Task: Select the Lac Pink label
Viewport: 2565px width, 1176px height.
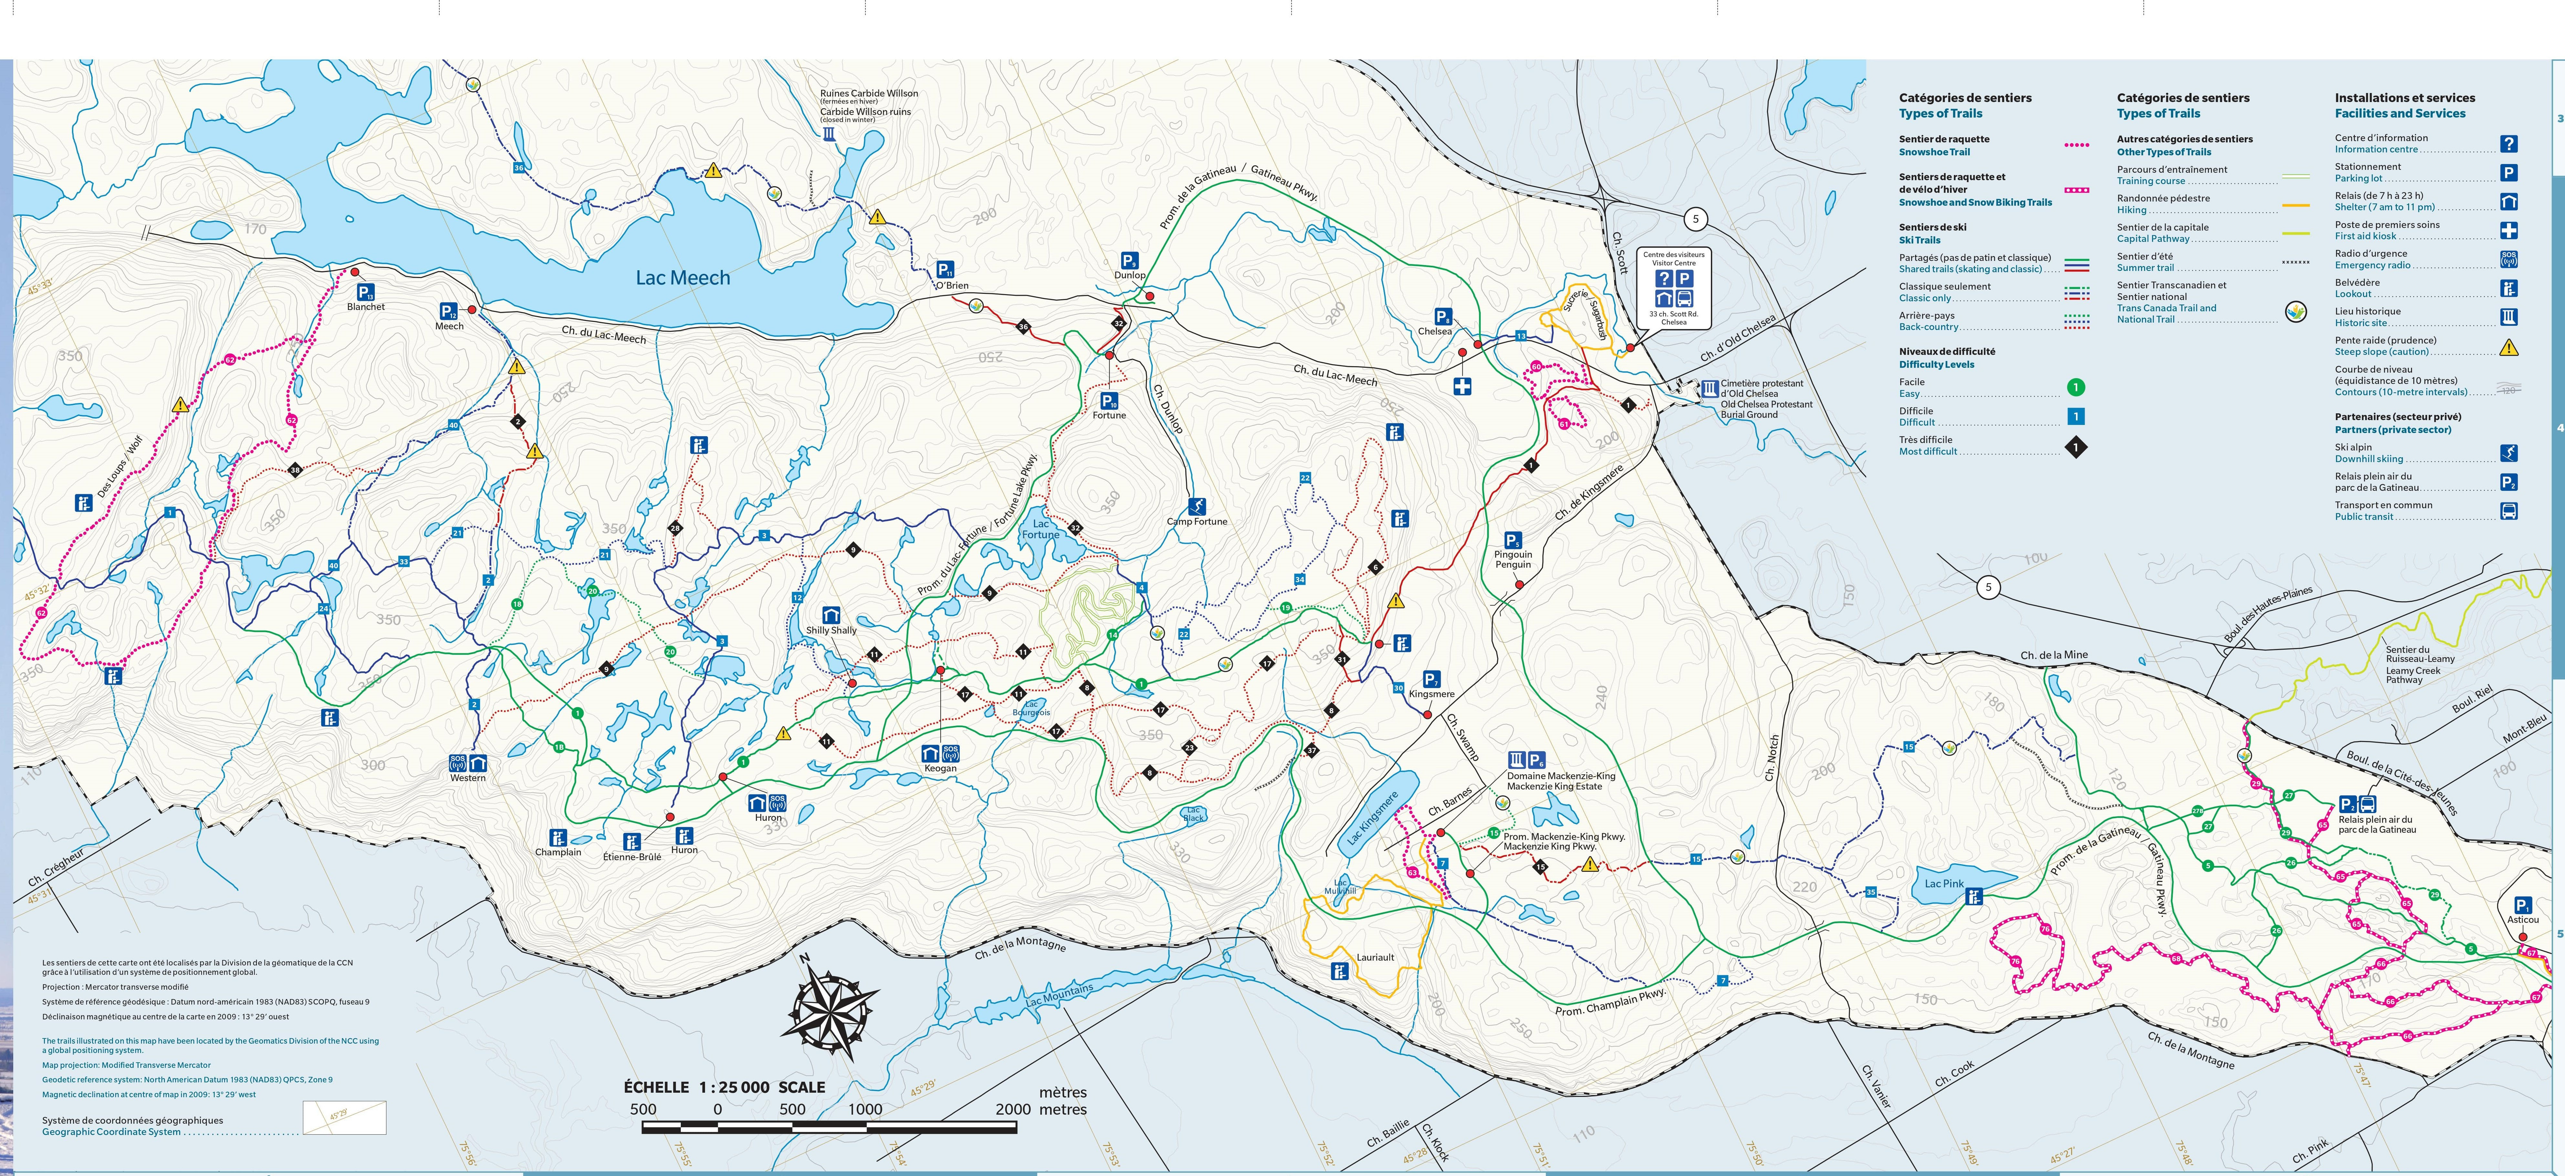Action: pyautogui.click(x=1944, y=883)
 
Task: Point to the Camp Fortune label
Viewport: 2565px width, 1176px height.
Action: pyautogui.click(x=1197, y=521)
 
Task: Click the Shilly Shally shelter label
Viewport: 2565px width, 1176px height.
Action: pyautogui.click(x=832, y=630)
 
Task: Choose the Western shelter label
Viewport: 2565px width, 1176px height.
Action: pyautogui.click(x=468, y=778)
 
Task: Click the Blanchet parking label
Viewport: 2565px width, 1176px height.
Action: pyautogui.click(x=365, y=307)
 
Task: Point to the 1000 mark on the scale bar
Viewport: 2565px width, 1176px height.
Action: pyautogui.click(x=865, y=1109)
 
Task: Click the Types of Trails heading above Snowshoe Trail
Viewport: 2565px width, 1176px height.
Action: pyautogui.click(x=1940, y=114)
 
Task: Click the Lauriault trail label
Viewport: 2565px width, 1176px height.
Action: pyautogui.click(x=1375, y=957)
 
